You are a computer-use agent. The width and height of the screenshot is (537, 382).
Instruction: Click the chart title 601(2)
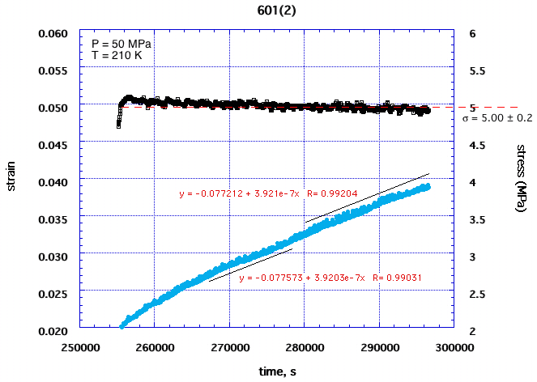pyautogui.click(x=267, y=11)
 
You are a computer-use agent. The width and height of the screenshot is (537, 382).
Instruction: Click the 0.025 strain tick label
pyautogui.click(x=54, y=293)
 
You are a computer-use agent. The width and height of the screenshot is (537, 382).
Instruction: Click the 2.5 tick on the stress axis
pyautogui.click(x=469, y=294)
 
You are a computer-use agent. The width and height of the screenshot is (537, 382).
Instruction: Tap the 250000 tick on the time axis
pyautogui.click(x=79, y=346)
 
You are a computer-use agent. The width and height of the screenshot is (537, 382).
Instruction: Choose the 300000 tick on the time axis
pyautogui.click(x=454, y=346)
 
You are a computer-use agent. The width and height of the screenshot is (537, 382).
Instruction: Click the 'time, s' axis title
pyautogui.click(x=267, y=370)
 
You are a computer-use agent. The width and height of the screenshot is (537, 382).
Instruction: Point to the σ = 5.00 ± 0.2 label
pyautogui.click(x=497, y=118)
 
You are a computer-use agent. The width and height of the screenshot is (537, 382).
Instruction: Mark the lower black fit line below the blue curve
pyautogui.click(x=250, y=265)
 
